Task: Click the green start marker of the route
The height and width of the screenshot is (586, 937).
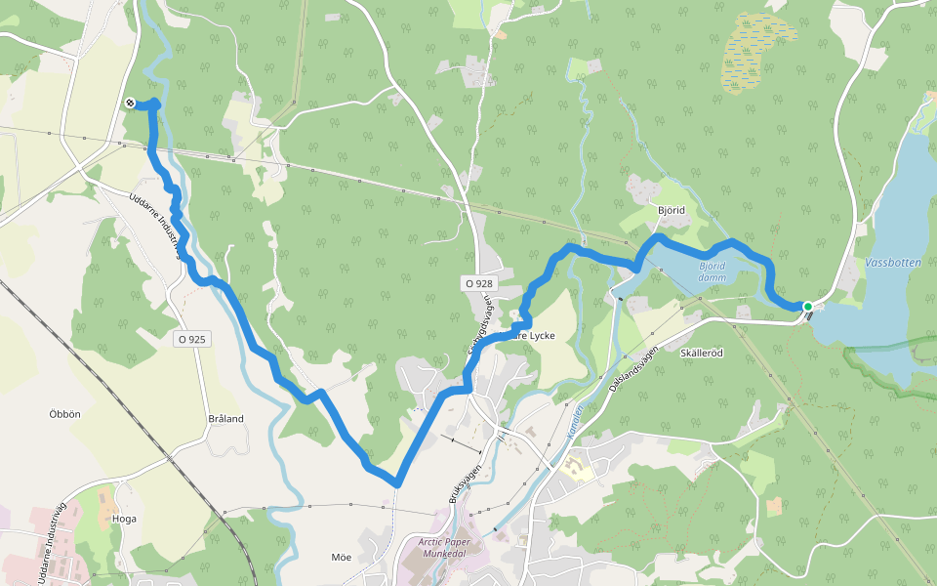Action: coord(808,307)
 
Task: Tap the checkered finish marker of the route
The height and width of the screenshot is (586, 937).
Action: coord(130,103)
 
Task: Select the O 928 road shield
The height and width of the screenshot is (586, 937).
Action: coord(479,283)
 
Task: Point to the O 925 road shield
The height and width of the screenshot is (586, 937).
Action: coord(191,339)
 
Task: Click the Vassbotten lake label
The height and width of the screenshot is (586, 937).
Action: coord(892,264)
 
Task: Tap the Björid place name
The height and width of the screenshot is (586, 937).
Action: coord(671,211)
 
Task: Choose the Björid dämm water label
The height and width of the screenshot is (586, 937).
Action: coord(712,271)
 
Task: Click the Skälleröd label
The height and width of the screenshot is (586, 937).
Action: coord(701,353)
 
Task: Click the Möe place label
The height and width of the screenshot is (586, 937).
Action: coord(341,557)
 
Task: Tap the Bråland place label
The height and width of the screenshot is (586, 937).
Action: coord(225,418)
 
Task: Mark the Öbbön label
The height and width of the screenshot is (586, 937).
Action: coord(64,413)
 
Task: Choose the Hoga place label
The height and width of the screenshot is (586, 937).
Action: coord(124,519)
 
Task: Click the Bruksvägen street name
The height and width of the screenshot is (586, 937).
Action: coord(466,482)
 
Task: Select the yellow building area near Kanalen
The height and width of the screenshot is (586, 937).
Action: coord(575,469)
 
